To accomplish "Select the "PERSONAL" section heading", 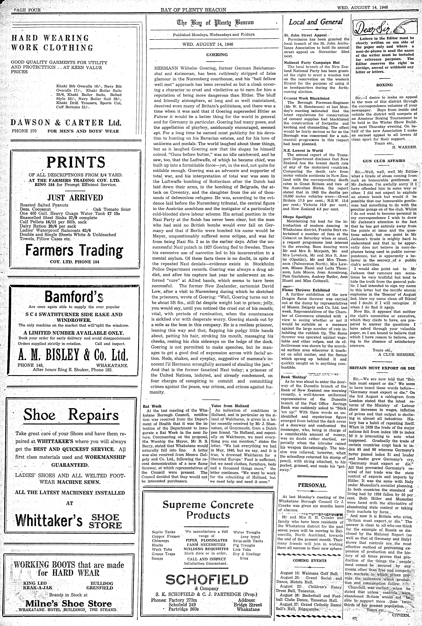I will [x=312, y=485].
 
